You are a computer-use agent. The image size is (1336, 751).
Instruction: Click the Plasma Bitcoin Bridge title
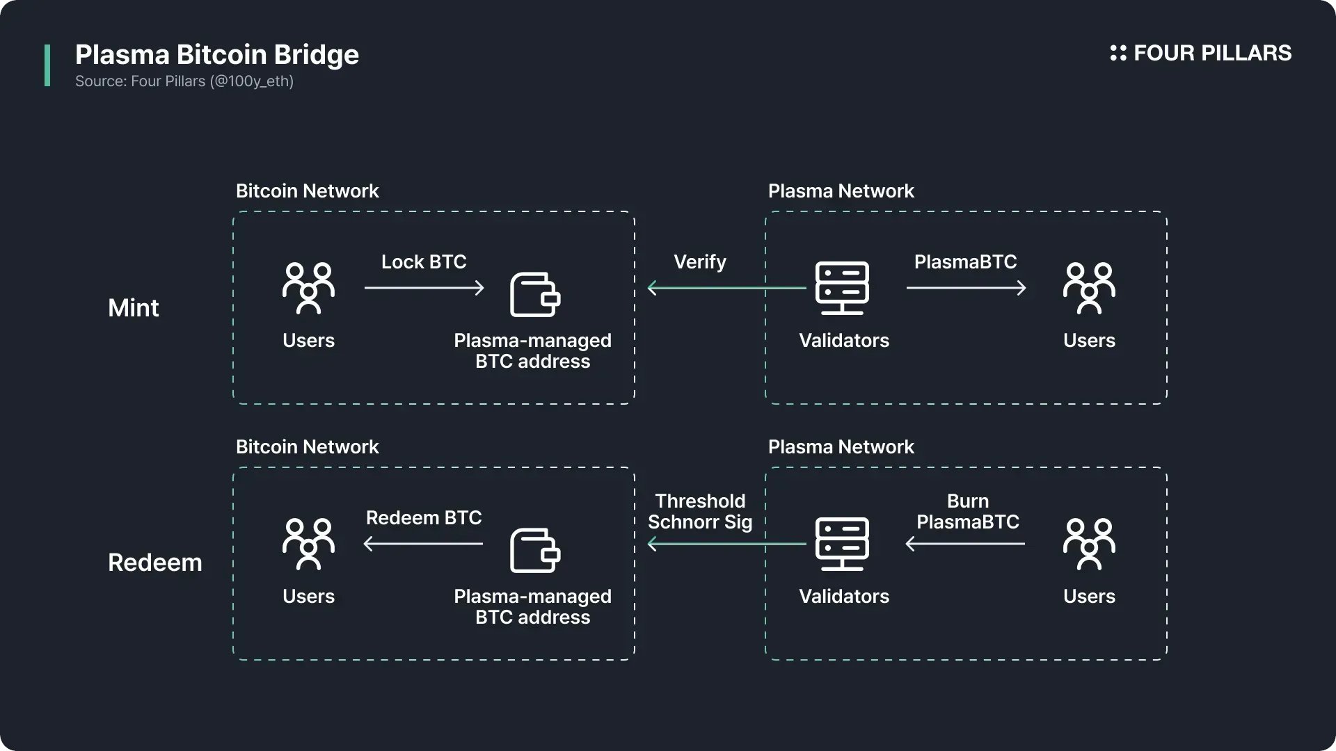coord(216,54)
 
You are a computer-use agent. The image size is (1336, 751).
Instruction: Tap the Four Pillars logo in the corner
coord(1200,53)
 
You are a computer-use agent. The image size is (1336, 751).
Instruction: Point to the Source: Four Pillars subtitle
coord(184,81)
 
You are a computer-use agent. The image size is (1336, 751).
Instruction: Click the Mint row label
coord(133,307)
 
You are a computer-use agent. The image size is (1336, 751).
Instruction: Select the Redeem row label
coord(154,562)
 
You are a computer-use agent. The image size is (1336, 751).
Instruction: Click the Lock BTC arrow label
coord(423,261)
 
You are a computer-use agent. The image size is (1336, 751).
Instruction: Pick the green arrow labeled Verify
coord(726,288)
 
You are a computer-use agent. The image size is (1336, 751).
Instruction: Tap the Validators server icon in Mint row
coord(842,287)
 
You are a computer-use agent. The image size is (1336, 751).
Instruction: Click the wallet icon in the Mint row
coord(534,294)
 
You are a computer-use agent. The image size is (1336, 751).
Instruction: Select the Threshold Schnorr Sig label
coord(700,511)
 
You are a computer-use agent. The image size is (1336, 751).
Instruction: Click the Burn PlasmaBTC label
coord(967,511)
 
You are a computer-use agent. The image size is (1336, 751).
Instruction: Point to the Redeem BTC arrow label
coord(423,517)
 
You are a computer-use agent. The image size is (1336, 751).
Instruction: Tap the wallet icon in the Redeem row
coord(534,550)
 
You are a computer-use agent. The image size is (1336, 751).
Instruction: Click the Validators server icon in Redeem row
coord(842,543)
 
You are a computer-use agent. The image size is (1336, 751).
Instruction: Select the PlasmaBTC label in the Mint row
coord(965,261)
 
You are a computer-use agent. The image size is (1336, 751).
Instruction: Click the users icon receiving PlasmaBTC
coord(1089,288)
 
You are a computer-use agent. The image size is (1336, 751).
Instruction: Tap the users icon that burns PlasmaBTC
coord(1089,544)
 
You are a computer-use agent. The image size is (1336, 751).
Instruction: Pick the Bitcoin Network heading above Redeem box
coord(307,446)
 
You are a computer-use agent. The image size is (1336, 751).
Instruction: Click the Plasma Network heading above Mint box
coord(841,191)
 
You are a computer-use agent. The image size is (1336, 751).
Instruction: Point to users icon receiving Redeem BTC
coord(308,544)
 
